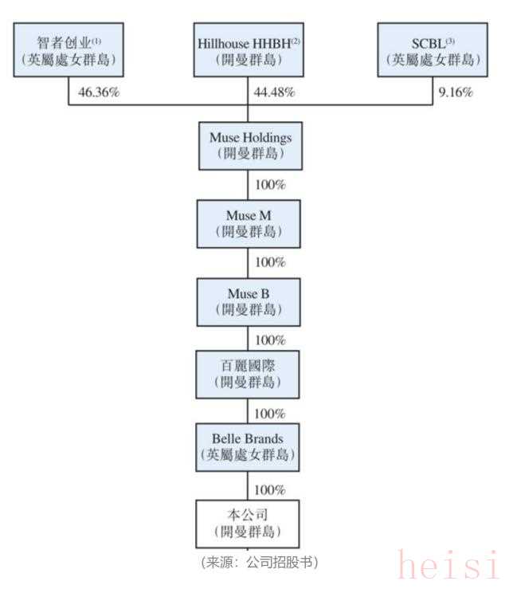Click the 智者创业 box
pos(69,50)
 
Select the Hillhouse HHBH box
pos(249,50)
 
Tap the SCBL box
pos(431,50)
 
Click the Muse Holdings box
pos(250,146)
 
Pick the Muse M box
pos(250,223)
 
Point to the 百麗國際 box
pos(250,375)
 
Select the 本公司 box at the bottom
pos(250,524)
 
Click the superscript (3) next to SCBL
pos(450,40)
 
